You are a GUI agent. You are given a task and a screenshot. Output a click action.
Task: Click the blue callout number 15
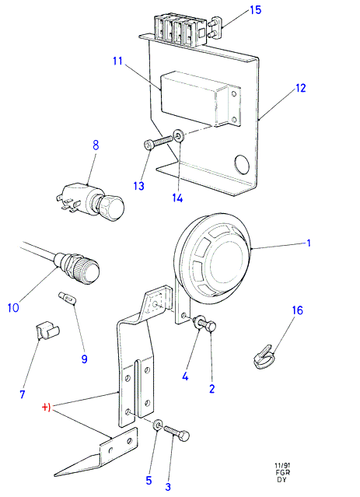(x=256, y=10)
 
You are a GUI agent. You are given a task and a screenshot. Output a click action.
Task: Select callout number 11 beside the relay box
(x=117, y=61)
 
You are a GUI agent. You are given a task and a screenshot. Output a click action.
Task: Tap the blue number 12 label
(x=300, y=88)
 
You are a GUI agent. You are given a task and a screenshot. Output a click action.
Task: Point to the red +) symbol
(x=47, y=408)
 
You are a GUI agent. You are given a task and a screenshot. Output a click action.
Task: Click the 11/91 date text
(x=282, y=466)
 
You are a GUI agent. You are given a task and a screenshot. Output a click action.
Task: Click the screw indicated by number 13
(x=159, y=142)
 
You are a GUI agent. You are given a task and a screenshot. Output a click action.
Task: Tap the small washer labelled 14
(x=180, y=136)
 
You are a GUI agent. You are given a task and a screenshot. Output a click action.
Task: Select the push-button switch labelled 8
(x=89, y=201)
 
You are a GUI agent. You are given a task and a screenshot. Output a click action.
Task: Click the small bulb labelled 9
(x=67, y=298)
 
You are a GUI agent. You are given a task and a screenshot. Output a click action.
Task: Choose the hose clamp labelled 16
(x=264, y=358)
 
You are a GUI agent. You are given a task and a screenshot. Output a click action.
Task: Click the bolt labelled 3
(x=177, y=433)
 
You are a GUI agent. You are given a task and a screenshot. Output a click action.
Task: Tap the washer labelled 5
(x=158, y=425)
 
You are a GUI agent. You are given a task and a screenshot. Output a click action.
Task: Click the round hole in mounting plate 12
(x=242, y=165)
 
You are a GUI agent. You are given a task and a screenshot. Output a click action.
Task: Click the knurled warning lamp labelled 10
(x=77, y=267)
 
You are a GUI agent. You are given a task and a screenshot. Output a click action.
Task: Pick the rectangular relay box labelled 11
(x=201, y=100)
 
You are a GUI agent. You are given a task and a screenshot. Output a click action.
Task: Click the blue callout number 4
(x=185, y=377)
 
